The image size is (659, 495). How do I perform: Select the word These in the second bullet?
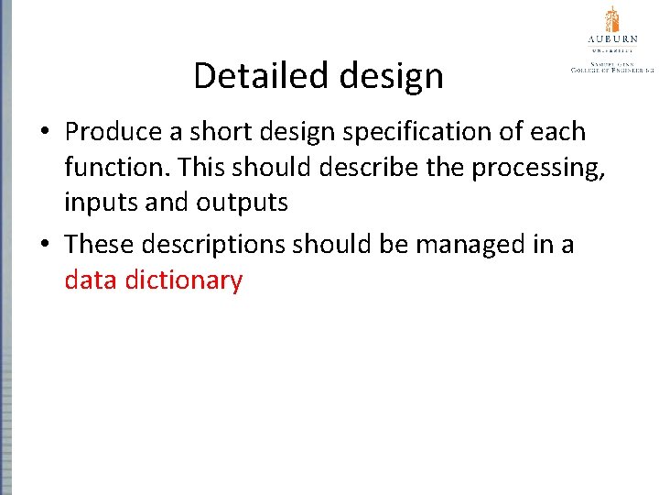point(99,245)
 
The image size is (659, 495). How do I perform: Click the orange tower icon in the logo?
point(611,19)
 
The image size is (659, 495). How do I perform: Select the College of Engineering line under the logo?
point(611,69)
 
